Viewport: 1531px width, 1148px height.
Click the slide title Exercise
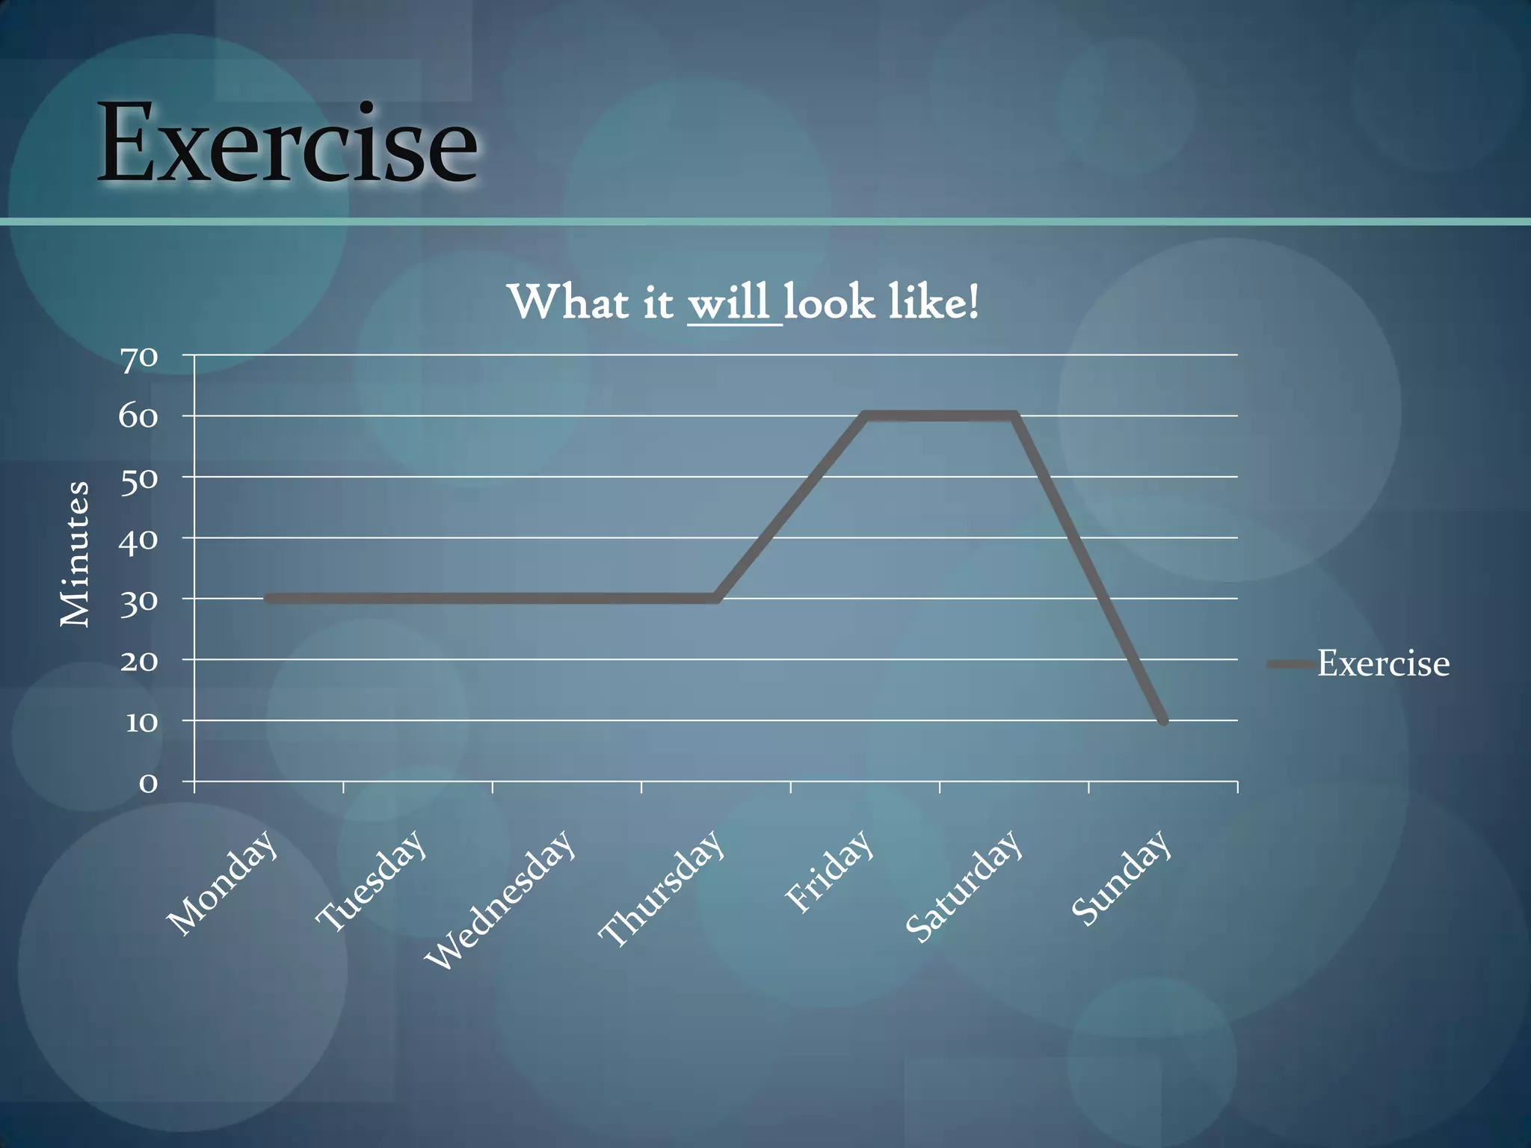287,143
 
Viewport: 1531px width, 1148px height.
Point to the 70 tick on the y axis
139,358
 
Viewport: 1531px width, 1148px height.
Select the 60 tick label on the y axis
139,417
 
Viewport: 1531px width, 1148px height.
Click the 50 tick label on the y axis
139,478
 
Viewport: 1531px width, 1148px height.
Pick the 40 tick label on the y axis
139,540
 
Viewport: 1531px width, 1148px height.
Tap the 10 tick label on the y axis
141,723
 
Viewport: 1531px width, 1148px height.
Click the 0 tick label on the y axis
149,783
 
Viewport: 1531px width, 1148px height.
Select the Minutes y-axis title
75,554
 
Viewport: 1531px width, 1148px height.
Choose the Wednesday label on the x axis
499,899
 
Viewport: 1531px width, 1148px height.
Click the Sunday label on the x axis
1120,877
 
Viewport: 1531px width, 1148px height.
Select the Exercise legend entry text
1383,664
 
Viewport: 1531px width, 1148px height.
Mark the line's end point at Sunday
1162,720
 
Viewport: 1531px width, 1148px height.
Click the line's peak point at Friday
865,416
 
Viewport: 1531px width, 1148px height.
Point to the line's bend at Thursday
715,599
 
